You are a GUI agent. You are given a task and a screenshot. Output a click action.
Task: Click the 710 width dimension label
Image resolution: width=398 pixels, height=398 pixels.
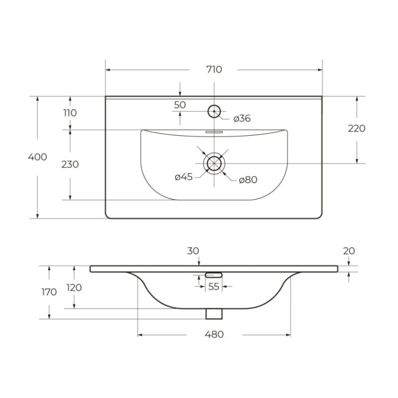(214, 70)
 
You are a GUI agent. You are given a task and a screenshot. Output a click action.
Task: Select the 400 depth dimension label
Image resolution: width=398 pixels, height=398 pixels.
(39, 157)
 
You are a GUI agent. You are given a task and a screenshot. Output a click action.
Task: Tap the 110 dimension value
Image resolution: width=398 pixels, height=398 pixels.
(70, 113)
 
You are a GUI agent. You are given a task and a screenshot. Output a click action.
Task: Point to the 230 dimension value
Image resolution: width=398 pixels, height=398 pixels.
(70, 165)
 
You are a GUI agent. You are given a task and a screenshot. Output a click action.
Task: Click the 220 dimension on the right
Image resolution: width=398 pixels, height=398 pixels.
(357, 128)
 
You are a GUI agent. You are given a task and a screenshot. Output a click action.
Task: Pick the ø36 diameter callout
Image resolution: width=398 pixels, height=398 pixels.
(241, 118)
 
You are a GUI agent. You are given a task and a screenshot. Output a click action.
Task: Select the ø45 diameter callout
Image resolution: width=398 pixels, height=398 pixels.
(183, 177)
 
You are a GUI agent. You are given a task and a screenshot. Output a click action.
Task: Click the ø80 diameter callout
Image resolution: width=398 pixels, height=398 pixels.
(248, 180)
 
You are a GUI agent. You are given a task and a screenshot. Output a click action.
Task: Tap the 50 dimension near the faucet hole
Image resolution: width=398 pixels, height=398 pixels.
(180, 105)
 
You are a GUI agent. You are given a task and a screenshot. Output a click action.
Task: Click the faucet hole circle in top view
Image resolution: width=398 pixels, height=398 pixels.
(214, 111)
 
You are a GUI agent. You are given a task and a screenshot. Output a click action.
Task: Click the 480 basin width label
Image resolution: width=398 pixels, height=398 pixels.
(214, 334)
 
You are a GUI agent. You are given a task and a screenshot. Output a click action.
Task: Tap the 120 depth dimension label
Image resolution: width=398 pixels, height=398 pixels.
(74, 288)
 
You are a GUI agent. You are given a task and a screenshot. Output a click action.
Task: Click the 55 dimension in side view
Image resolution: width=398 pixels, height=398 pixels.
(213, 287)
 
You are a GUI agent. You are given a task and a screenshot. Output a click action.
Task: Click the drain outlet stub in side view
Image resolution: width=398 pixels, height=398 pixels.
(214, 314)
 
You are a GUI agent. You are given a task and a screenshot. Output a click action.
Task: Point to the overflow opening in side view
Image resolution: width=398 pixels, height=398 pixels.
(214, 274)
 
